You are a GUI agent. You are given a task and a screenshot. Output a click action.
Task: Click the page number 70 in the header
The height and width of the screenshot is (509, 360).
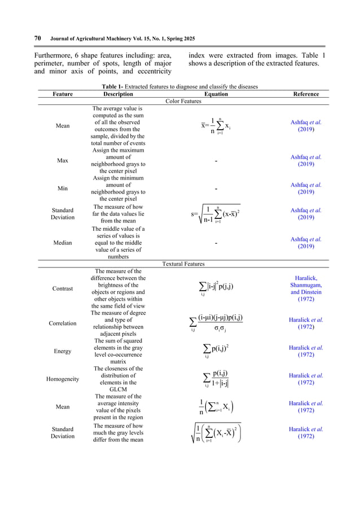[x=37, y=38]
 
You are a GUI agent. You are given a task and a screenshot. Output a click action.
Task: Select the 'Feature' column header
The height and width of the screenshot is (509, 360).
[x=62, y=94]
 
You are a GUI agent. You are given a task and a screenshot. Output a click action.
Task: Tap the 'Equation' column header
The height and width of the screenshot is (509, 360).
[x=216, y=94]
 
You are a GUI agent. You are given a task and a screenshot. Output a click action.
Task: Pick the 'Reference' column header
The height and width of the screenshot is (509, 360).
[x=306, y=94]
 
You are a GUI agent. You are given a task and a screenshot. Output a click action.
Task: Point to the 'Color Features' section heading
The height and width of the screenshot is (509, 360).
[x=183, y=101]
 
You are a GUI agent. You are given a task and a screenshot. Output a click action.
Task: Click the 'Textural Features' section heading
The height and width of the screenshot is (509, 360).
[x=183, y=263]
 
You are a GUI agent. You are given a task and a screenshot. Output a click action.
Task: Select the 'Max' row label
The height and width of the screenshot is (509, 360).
[x=62, y=161]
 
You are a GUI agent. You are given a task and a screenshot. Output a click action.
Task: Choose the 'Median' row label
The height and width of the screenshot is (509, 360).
[x=62, y=243]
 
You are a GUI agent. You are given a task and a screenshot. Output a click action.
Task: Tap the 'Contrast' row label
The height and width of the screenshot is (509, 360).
[x=62, y=288]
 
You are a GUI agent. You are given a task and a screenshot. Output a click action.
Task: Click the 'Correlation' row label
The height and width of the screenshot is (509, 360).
[x=62, y=323]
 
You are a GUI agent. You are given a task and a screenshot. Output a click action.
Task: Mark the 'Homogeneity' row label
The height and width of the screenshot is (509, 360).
[x=62, y=379]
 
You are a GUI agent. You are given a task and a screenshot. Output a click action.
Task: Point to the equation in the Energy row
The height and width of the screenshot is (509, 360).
[x=216, y=350]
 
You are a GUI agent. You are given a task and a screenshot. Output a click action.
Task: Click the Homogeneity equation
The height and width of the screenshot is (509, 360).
[x=216, y=379]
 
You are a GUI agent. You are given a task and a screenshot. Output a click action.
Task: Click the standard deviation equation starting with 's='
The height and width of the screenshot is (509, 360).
[x=216, y=214]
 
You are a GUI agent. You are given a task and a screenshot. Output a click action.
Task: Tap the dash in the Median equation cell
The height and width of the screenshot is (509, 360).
[x=216, y=243]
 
